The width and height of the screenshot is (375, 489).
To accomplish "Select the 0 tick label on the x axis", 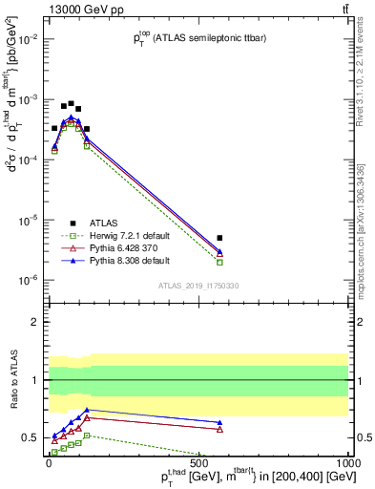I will click(x=48, y=460).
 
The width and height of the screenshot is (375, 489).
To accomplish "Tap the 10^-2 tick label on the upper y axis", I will click(x=29, y=39).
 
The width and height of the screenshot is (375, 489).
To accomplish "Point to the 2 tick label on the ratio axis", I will click(x=35, y=322).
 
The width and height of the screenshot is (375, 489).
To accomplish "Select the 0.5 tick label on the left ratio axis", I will click(x=31, y=437).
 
